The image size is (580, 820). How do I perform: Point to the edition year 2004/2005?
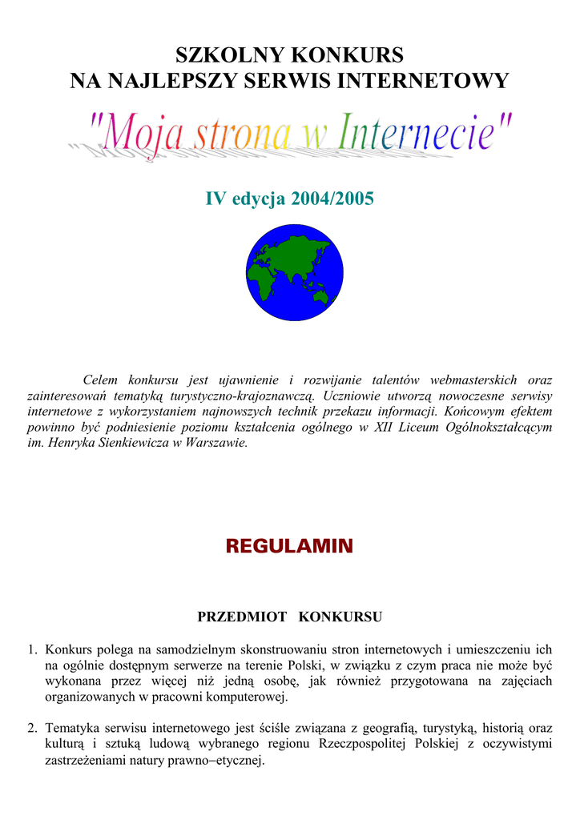[x=336, y=199]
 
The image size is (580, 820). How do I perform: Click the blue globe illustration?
[x=294, y=272]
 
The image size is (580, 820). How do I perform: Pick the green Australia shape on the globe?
[x=321, y=297]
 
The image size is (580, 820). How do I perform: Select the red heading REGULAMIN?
[x=289, y=547]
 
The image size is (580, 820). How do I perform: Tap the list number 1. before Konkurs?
[x=33, y=649]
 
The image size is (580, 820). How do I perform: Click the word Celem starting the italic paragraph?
[x=100, y=380]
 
